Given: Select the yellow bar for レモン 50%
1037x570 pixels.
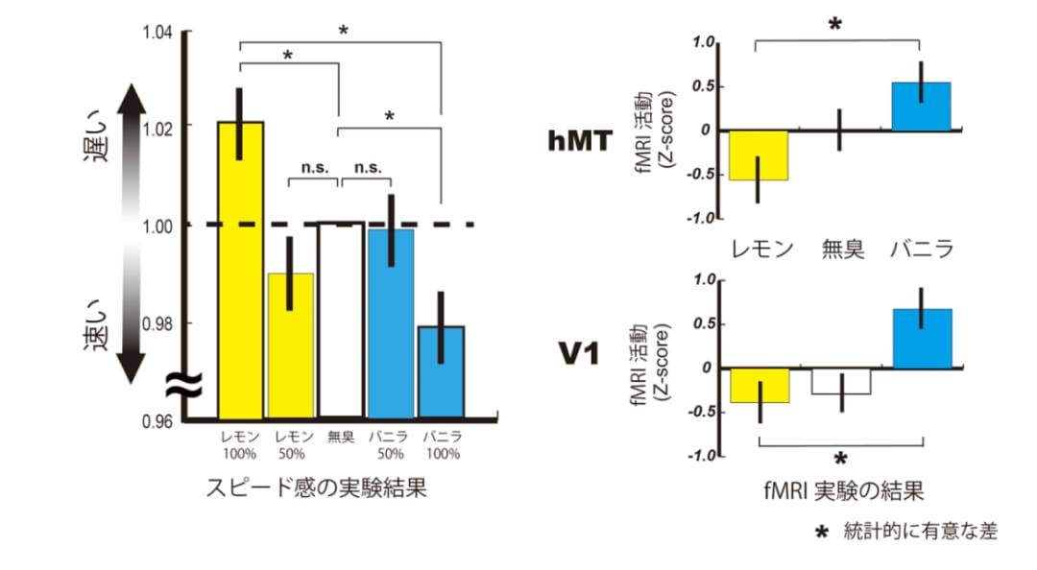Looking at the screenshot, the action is coord(290,345).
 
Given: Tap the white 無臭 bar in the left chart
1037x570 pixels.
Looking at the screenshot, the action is coord(341,321).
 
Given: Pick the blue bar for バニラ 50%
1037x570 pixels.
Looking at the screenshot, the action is coord(391,323).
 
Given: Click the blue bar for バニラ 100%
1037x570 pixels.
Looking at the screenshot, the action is coord(441,372).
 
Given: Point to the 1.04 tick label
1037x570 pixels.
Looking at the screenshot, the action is coord(157,32).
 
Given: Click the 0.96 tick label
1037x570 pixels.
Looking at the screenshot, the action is coord(157,421).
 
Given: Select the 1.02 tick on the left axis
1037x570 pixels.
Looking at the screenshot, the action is coord(157,128).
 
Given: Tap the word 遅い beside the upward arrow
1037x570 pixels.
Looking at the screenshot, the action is coord(96,136).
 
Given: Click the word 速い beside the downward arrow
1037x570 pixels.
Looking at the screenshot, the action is coord(96,324).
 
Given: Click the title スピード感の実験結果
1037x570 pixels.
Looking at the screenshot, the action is coord(316,488).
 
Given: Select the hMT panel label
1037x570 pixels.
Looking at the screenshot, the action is coord(580,140).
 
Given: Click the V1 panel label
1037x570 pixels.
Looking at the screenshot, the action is coord(579,354).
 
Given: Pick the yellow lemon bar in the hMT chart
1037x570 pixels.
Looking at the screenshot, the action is coord(759,155).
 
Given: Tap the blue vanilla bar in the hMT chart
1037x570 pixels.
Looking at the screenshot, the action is coord(921,107).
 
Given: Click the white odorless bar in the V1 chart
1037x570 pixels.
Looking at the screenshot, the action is coord(841,382).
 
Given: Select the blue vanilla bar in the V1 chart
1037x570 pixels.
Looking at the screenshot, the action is coord(923,339).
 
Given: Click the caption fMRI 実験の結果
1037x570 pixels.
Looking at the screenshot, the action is coord(843,490).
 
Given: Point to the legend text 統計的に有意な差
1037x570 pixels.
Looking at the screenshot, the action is coord(921,531).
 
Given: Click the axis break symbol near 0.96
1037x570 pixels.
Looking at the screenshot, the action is coord(183,385).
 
